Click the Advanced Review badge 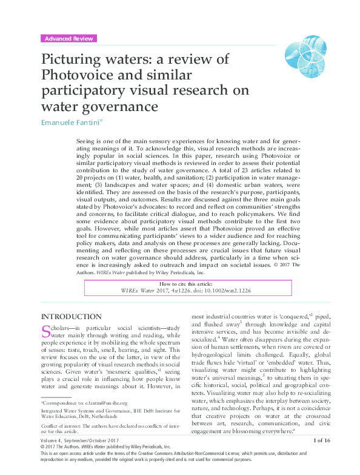tap(68, 38)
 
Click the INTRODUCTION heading tap(71, 316)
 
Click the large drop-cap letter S tap(45, 332)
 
